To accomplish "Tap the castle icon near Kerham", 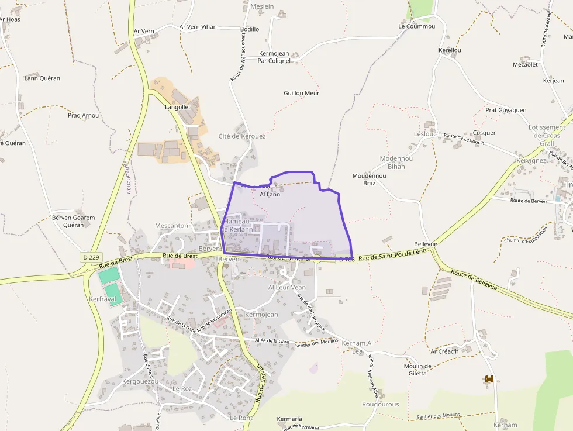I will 489,380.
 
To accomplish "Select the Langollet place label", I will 178,107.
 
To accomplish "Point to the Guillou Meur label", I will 301,93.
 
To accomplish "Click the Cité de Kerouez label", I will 241,136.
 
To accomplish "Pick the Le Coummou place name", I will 417,26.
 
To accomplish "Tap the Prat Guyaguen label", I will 506,110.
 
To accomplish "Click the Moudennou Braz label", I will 369,179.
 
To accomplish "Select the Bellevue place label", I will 425,244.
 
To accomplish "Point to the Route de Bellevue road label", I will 474,281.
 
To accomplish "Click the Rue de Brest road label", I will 180,256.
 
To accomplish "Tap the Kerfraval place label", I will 102,299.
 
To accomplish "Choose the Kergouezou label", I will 140,381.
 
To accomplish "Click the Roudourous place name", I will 380,404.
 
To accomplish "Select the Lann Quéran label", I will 42,78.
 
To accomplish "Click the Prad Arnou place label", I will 83,115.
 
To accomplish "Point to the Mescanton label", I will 171,225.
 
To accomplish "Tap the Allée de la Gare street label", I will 272,341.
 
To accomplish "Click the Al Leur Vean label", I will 286,287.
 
